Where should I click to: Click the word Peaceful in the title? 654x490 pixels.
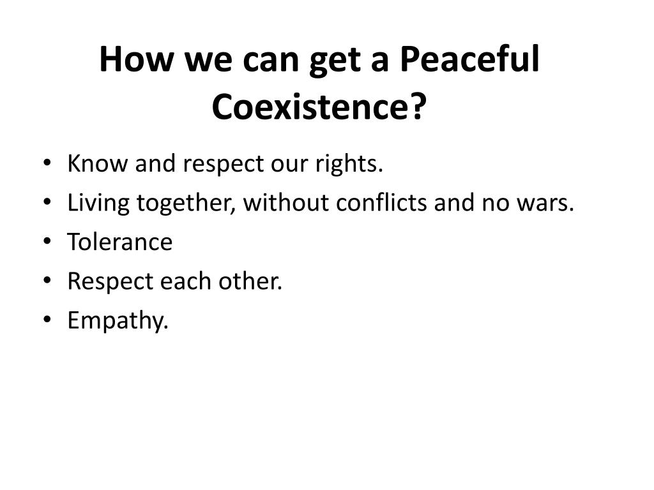tap(469, 61)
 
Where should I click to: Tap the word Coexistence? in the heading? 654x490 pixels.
tap(319, 107)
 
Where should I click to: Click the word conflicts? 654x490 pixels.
tap(383, 203)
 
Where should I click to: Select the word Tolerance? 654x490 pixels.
tap(120, 242)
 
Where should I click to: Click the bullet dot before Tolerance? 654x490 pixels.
tap(49, 242)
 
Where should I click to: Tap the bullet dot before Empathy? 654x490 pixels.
tap(49, 320)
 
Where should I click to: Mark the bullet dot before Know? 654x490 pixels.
tap(49, 165)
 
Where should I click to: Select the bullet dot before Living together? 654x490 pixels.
tap(49, 204)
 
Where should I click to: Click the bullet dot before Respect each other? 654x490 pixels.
tap(49, 281)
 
